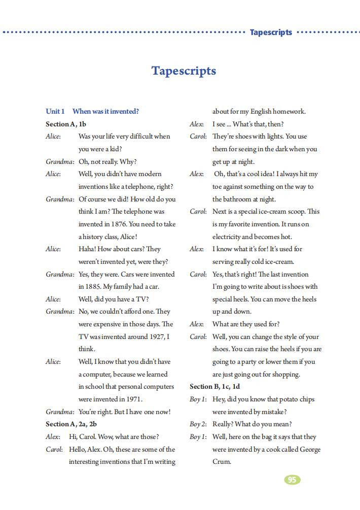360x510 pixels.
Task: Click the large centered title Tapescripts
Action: [184, 71]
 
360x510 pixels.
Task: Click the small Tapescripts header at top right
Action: [271, 32]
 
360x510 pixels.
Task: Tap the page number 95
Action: [292, 480]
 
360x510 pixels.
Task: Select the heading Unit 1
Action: [55, 111]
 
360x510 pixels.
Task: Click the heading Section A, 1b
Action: [66, 124]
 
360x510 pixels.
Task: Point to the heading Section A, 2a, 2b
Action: [71, 424]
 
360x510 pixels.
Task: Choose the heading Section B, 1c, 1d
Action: [215, 387]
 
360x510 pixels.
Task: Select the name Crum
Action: [222, 462]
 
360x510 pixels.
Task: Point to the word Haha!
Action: [87, 249]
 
